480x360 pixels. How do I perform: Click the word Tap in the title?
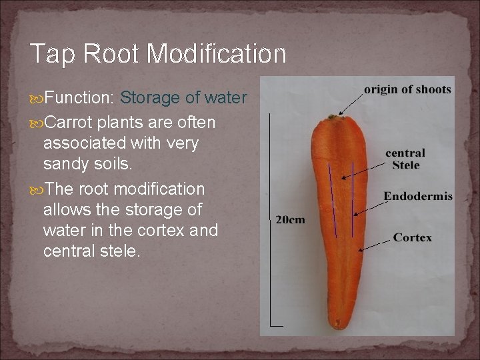pyautogui.click(x=50, y=54)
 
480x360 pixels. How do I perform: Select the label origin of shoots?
pyautogui.click(x=407, y=90)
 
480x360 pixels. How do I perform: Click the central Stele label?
pyautogui.click(x=405, y=159)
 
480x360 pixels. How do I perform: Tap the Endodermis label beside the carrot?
pyautogui.click(x=418, y=197)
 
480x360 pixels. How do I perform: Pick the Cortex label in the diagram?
pyautogui.click(x=412, y=237)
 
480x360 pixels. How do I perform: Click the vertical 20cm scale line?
pyautogui.click(x=269, y=220)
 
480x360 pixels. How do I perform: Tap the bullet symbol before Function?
pyautogui.click(x=36, y=99)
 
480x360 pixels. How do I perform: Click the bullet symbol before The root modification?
pyautogui.click(x=36, y=189)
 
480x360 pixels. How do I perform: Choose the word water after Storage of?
pyautogui.click(x=225, y=99)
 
